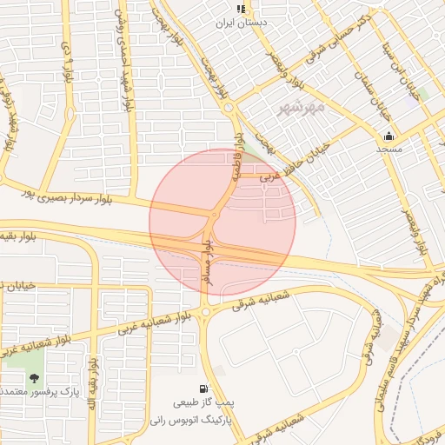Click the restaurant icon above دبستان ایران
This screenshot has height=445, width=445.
point(241,8)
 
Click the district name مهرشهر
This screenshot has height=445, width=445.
point(302,108)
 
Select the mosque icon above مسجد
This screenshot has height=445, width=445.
point(388,136)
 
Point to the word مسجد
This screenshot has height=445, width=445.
point(389,149)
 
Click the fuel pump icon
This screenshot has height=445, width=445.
point(203,389)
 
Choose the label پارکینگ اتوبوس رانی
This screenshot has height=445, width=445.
point(204,418)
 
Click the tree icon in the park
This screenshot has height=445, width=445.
point(34,378)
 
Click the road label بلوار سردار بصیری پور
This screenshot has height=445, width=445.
point(95,192)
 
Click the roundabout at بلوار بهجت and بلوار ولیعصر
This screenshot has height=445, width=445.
point(229,108)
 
